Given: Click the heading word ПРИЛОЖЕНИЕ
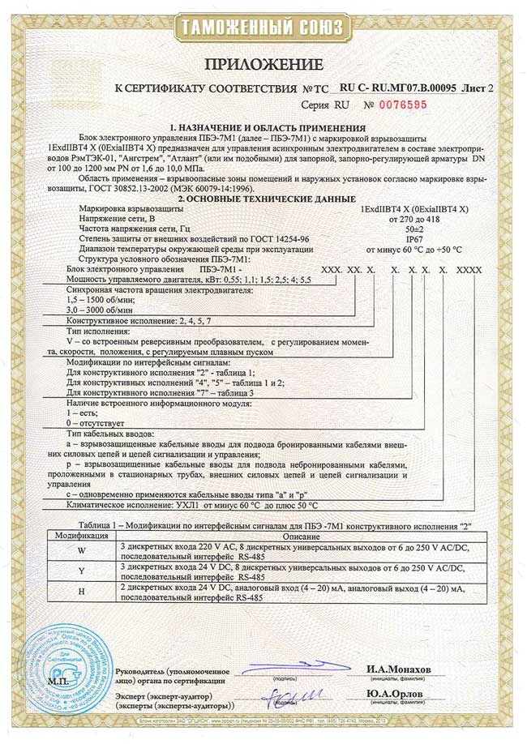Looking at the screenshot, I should (263, 63).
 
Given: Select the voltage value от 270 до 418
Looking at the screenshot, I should (413, 219).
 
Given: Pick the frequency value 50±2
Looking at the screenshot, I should (413, 229).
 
